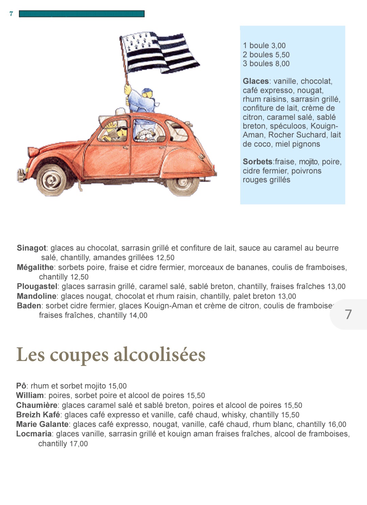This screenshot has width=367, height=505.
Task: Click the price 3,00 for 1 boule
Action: click(x=278, y=46)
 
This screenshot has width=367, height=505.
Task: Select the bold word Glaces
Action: click(x=256, y=81)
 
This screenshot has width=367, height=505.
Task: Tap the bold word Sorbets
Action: click(x=258, y=162)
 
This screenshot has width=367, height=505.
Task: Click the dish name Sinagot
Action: click(x=31, y=248)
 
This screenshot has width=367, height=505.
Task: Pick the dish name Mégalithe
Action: click(x=35, y=267)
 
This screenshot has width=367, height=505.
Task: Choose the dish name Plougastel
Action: click(x=37, y=286)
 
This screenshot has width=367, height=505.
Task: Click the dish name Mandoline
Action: click(x=36, y=296)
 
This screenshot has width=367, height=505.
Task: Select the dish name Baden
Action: click(x=29, y=306)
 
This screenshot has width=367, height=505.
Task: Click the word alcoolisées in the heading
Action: click(x=159, y=355)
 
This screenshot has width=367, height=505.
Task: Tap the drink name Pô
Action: click(x=21, y=386)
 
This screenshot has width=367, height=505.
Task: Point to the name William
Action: click(x=30, y=395)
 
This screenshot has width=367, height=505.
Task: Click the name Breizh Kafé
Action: click(x=38, y=415)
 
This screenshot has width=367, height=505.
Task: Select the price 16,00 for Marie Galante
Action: click(x=337, y=424)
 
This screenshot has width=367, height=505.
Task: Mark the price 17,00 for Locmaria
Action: click(x=78, y=444)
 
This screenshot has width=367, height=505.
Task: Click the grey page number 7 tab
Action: click(x=348, y=314)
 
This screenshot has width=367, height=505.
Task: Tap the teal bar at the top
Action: click(x=82, y=14)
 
